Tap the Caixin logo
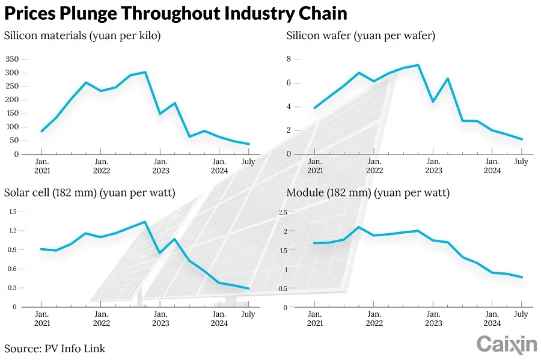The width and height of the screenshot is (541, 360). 507,344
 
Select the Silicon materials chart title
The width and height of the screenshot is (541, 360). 82,35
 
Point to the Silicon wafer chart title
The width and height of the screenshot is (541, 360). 361,35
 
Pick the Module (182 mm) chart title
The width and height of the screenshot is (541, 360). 368,193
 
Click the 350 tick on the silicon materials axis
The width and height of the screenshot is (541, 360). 12,59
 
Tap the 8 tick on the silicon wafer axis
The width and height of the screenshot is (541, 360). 289,59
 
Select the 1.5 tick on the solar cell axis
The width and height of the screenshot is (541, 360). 13,212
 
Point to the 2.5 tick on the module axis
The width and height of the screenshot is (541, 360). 292,212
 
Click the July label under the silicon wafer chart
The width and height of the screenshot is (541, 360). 521,162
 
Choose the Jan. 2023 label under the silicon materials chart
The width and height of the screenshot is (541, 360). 160,166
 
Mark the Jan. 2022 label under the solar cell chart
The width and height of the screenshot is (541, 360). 102,319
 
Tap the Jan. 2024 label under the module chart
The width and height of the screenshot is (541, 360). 492,319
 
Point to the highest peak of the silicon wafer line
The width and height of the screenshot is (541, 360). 418,65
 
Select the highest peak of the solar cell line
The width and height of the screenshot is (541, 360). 145,222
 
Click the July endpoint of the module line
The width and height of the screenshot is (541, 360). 522,278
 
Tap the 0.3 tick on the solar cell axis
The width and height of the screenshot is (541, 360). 13,288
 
